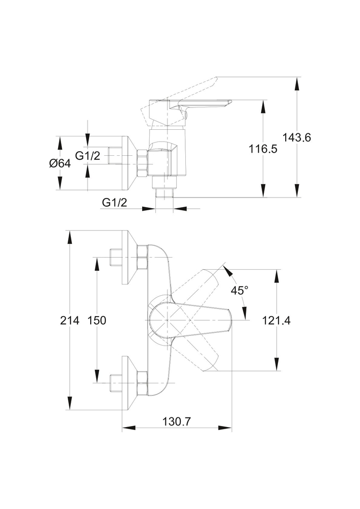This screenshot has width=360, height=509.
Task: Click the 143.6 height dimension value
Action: [297, 137]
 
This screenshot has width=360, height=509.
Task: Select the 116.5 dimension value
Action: [263, 149]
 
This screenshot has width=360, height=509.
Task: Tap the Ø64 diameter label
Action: [60, 163]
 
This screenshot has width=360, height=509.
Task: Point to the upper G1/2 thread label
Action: [88, 156]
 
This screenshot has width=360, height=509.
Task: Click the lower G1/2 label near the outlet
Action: [115, 202]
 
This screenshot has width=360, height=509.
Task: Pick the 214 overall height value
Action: [69, 320]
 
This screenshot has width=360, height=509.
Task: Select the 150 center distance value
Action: [96, 320]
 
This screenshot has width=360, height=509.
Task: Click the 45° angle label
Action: [239, 291]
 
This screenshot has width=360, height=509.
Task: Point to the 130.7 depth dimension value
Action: [177, 421]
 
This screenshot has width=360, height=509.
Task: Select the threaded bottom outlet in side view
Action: [163, 192]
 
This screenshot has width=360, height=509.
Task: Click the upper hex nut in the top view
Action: [142, 258]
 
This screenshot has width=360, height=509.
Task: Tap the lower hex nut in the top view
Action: [142, 383]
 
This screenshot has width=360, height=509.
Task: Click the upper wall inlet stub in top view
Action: [116, 258]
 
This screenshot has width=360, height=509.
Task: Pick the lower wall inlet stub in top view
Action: [116, 383]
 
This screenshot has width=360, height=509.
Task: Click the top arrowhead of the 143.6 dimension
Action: [297, 81]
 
